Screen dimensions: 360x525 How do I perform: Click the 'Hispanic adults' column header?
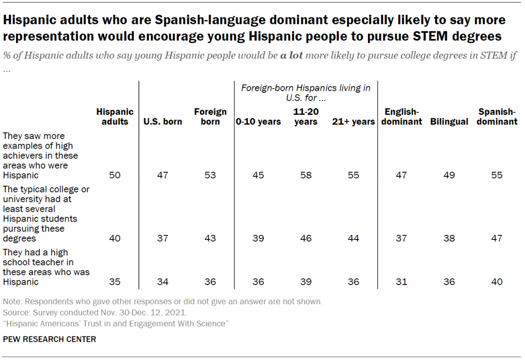point(115,116)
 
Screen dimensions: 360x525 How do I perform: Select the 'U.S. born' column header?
point(163,122)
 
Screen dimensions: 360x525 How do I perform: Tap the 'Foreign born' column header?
point(210,116)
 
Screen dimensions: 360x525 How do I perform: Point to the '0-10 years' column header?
point(258,122)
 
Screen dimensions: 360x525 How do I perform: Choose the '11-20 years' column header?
point(306,116)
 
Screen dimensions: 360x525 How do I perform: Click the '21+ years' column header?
point(354,122)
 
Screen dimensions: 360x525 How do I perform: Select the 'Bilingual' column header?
point(449,122)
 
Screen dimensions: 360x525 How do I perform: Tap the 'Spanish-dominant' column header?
point(497,116)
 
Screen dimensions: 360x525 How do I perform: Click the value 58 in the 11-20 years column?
point(306,175)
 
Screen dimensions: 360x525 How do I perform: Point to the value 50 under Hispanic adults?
point(115,175)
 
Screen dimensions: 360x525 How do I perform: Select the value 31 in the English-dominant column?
point(401,282)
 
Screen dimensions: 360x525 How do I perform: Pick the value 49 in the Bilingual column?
point(449,175)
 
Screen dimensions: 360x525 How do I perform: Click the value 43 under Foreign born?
point(210,238)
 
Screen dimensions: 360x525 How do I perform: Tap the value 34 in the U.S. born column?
point(163,282)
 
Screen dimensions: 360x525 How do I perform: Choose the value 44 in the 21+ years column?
point(354,238)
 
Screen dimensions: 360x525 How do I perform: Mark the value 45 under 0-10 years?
point(258,175)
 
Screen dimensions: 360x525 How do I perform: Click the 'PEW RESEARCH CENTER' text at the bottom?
point(49,339)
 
